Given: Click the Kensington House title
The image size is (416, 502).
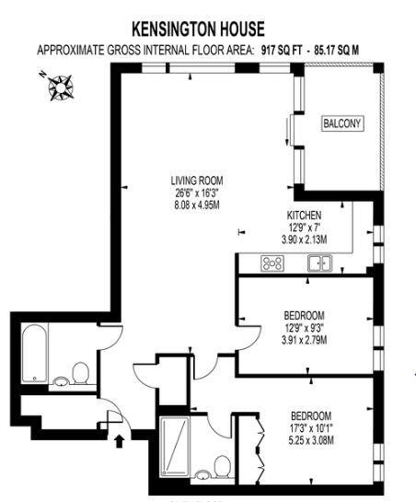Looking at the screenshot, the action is tap(199, 29).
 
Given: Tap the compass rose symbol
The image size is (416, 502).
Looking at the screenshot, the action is tap(60, 88).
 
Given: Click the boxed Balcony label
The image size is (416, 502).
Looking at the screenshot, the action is tap(342, 123).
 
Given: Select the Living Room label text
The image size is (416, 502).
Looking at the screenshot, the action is tap(197, 181).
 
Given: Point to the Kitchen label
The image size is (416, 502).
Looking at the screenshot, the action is tap(304, 215).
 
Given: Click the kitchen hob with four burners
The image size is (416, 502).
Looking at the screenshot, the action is tap(272, 263).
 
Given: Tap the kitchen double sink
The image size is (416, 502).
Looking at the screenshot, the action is tap(319, 263).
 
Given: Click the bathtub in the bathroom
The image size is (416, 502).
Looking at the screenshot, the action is tap(35, 353).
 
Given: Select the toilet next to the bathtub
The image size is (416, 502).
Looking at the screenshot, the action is tap(80, 373).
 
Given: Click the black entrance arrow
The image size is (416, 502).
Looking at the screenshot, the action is tap(119, 441).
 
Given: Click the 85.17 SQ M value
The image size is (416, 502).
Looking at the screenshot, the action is tap(337, 51).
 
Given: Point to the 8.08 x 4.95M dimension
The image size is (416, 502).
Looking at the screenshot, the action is tap(197, 204).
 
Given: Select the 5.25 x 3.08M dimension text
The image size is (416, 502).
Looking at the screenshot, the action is tap(311, 440).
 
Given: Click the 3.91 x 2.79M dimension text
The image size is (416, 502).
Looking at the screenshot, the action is tap(304, 340).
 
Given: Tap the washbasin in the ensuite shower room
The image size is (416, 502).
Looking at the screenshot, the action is tap(202, 474).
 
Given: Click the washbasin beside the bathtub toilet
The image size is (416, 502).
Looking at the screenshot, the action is tap(61, 381).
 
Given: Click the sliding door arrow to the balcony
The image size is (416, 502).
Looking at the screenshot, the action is tap(287, 132).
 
